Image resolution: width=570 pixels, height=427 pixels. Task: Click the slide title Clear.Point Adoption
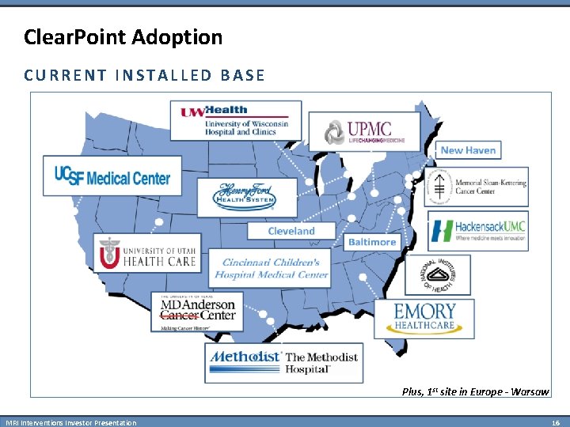click(x=123, y=36)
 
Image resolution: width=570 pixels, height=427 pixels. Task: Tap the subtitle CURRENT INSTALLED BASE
click(x=144, y=76)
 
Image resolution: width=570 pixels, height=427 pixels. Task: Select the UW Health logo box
click(x=236, y=119)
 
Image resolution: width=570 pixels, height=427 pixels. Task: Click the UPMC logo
click(x=363, y=131)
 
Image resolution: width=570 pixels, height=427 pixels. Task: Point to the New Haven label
click(x=468, y=150)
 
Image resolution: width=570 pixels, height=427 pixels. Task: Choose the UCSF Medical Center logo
click(x=112, y=176)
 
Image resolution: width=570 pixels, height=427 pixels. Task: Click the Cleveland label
click(x=291, y=231)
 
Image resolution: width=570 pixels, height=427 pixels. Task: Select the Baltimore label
click(x=372, y=241)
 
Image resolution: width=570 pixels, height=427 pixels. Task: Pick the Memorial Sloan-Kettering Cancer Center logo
click(x=477, y=187)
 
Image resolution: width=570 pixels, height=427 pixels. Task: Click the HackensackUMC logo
click(x=478, y=231)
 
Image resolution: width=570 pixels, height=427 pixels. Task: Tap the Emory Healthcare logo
click(x=424, y=318)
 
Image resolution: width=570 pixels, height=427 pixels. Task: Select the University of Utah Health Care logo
click(x=146, y=254)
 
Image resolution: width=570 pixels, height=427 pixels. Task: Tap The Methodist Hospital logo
click(x=283, y=362)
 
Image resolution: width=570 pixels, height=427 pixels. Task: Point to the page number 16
click(x=556, y=423)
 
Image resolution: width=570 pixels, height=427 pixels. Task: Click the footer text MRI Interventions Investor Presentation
click(x=71, y=423)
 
